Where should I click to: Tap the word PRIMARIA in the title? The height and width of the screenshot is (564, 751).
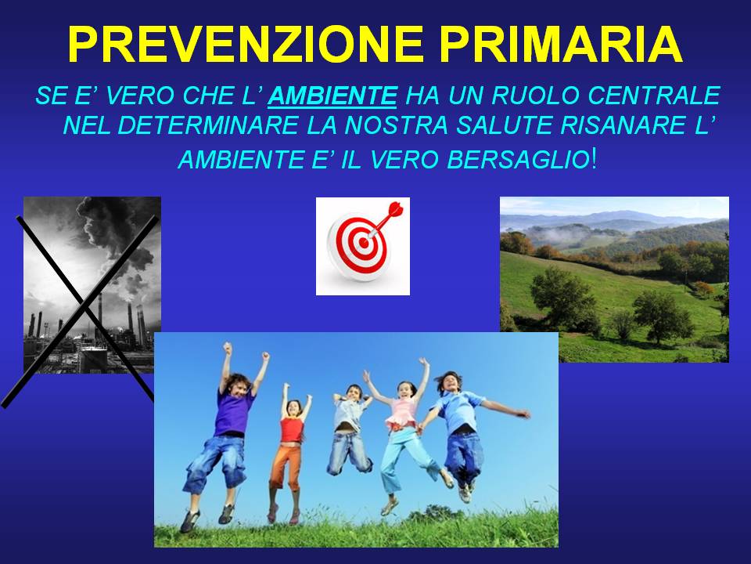(x=561, y=44)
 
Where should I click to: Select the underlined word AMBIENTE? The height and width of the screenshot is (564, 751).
(x=332, y=96)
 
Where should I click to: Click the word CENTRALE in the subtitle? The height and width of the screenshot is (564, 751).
(x=654, y=95)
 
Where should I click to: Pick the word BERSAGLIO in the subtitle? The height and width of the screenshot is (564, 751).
(x=518, y=159)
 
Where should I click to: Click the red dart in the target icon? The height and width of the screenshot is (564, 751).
(x=386, y=219)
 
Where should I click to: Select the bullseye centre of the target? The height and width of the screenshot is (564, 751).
(x=364, y=242)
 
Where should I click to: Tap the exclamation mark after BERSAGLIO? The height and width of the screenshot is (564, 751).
(x=595, y=159)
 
